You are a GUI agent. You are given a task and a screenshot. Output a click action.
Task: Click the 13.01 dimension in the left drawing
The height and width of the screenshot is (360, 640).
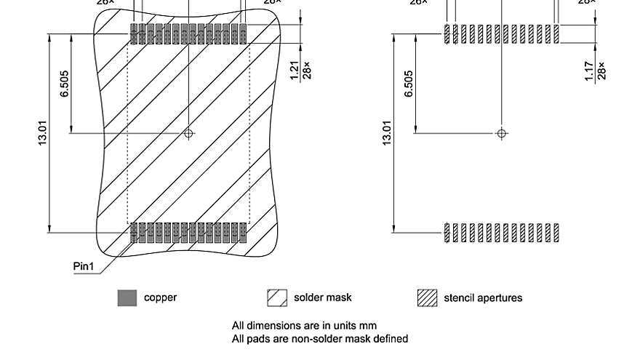point(42,133)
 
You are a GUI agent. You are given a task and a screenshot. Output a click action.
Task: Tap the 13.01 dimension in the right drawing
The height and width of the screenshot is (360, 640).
point(387,133)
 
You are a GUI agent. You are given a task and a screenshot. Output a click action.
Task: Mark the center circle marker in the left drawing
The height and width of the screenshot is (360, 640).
point(189,133)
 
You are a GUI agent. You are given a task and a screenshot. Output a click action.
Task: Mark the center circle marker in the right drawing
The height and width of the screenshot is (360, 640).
point(501,133)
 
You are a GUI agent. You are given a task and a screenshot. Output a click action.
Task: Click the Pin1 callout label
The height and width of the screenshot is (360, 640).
point(84,266)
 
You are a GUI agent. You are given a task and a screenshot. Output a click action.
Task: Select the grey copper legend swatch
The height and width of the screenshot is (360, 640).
point(127,298)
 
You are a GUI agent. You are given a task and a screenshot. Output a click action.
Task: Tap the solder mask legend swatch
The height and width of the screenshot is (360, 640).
point(277,298)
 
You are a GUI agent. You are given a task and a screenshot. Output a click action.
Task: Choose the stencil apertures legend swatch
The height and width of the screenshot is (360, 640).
point(427,298)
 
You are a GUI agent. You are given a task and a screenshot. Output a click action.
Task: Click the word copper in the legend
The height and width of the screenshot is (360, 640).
point(160,297)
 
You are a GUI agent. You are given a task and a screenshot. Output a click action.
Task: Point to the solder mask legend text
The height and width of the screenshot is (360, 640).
point(322,297)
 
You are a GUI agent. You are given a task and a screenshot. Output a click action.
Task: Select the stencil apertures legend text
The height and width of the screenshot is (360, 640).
point(483,297)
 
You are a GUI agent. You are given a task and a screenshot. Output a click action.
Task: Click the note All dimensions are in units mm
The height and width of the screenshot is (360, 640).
point(304,325)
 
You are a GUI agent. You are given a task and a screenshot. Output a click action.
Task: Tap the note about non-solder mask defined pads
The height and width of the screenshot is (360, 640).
point(319,338)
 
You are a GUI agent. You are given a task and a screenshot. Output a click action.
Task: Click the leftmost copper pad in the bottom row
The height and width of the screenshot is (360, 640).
point(134,233)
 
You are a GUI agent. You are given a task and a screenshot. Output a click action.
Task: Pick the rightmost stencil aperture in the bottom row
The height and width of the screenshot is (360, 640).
point(556,233)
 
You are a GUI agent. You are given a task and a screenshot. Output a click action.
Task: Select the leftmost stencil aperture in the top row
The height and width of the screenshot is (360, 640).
point(447,33)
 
